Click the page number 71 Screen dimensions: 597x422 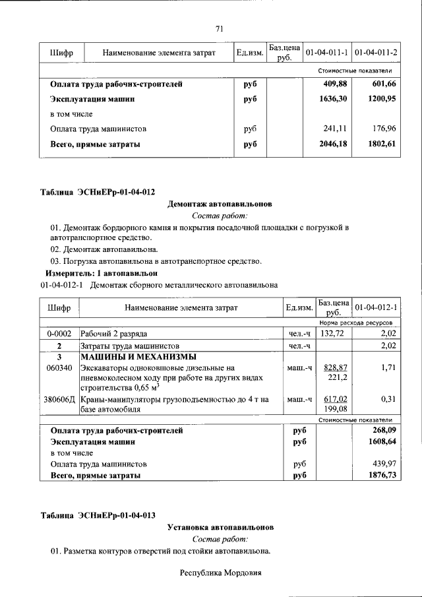(220, 28)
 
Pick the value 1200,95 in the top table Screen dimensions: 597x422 (382, 99)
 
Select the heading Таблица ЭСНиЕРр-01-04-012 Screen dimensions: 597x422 (98, 192)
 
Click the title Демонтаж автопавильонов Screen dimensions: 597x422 (220, 204)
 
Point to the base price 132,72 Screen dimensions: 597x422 (333, 334)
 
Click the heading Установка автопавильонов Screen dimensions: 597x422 (220, 527)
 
